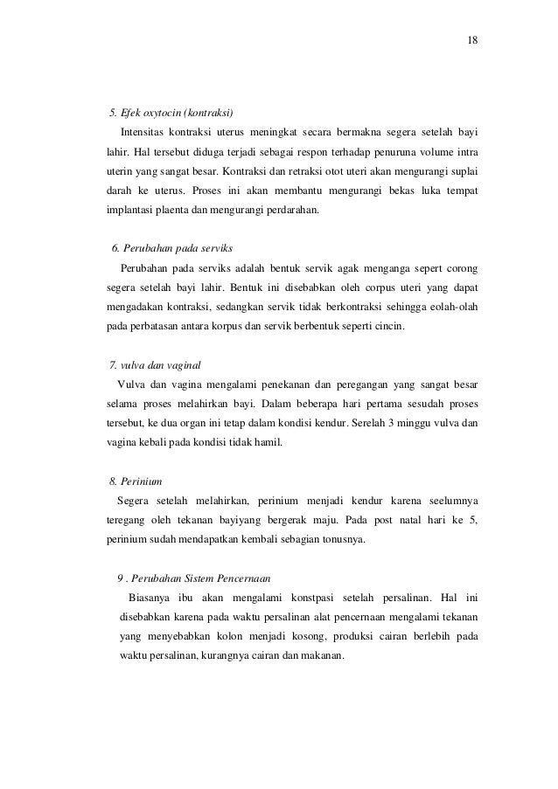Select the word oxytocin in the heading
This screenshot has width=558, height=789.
pyautogui.click(x=156, y=114)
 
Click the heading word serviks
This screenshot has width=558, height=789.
pyautogui.click(x=213, y=247)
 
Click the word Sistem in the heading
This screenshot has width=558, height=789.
pyautogui.click(x=207, y=578)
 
